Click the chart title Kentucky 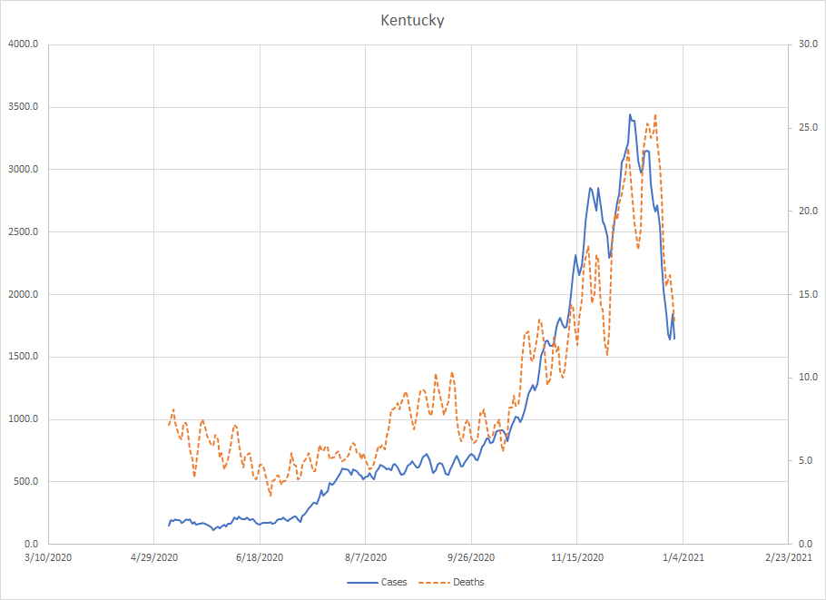(x=412, y=20)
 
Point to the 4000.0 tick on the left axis (x=25, y=44)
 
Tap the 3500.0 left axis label (x=25, y=107)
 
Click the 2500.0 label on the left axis (x=25, y=231)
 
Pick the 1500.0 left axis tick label (x=25, y=357)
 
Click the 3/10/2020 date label (x=47, y=556)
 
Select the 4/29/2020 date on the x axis (x=153, y=556)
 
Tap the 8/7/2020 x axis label (x=365, y=556)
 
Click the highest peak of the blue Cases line (x=630, y=115)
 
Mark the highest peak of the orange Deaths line (x=655, y=115)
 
